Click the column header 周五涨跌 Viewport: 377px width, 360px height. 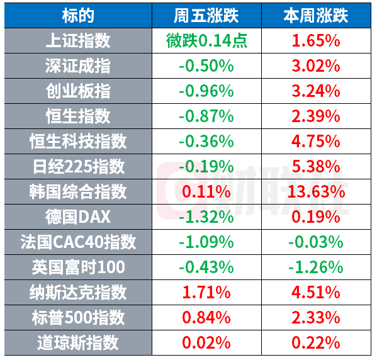coord(206,16)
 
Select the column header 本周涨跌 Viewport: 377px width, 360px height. coord(316,16)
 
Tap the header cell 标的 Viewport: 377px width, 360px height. coord(78,16)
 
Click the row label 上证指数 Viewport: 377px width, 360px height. coord(78,41)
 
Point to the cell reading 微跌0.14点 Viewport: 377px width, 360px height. coord(207,41)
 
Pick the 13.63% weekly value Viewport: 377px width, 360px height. coord(316,192)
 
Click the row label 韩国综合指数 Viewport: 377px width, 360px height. coord(78,192)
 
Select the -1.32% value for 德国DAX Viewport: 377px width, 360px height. coord(206,217)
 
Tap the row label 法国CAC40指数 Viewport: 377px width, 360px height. coord(78,242)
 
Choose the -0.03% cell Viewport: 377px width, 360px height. coord(316,242)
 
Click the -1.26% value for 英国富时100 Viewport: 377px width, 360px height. coord(316,267)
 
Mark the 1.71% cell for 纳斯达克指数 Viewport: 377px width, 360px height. coord(206,293)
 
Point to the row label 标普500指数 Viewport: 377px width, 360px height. coord(78,317)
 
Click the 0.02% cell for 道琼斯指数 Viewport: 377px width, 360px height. coord(206,342)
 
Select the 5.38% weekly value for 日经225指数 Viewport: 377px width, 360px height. coord(316,167)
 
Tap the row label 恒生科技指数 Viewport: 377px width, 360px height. coord(78,142)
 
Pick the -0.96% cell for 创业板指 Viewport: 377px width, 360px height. coord(206,91)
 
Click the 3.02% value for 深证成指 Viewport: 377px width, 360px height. coord(316,66)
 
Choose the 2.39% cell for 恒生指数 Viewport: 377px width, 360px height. coord(316,116)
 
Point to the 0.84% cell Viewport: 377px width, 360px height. coord(206,317)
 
